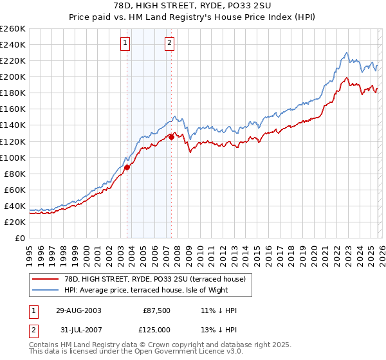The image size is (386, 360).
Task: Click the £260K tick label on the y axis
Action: (13, 29)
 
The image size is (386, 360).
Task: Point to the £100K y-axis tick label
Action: (13, 157)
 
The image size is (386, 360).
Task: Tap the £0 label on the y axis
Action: (21, 238)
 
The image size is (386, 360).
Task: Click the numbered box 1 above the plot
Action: (124, 44)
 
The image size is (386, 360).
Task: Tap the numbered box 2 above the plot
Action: (169, 44)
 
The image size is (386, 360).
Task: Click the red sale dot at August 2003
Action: (127, 167)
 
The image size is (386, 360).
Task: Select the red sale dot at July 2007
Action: (172, 136)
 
